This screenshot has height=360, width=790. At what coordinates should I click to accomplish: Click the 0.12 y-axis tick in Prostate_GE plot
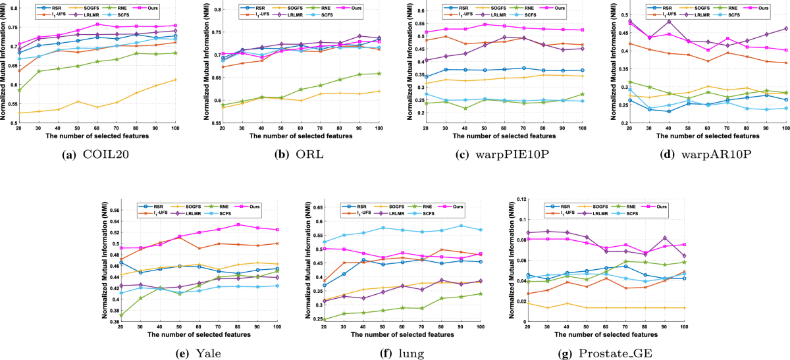coord(515,199)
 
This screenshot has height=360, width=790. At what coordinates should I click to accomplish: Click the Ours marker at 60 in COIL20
coord(97,24)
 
